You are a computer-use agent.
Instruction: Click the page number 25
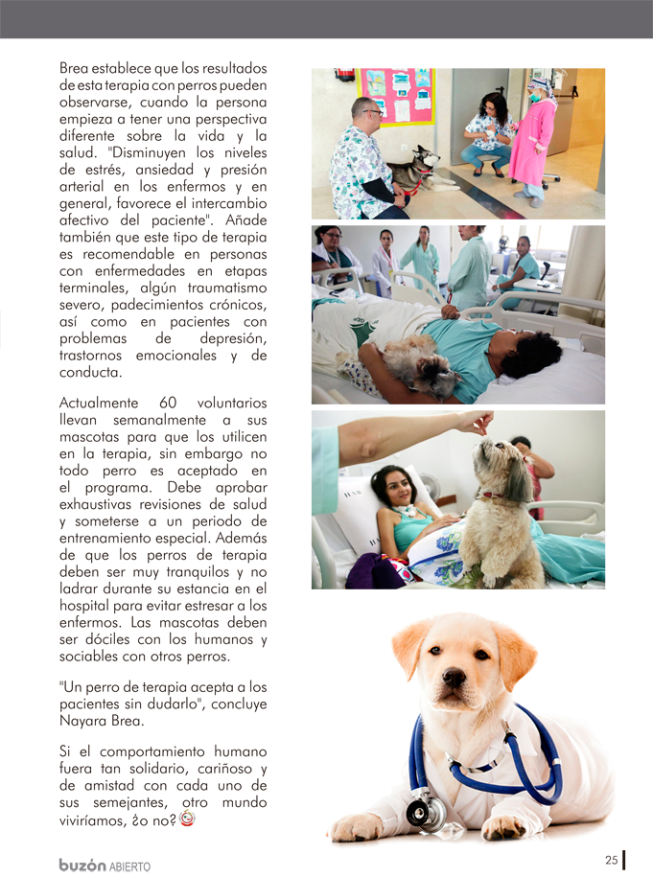pos(611,860)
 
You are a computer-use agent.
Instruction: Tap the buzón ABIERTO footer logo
pos(105,865)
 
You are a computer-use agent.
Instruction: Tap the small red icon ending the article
pos(188,819)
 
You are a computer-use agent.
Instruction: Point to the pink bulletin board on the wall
pos(394,96)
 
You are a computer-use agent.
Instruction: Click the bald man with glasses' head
pos(365,111)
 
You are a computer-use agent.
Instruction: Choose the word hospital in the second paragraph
pos(88,605)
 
